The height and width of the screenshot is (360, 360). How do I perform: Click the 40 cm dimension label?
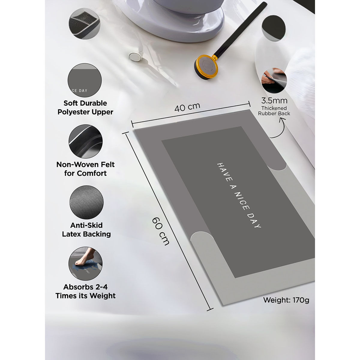pos(187,107)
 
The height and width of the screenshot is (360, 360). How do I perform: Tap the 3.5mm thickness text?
pos(274,100)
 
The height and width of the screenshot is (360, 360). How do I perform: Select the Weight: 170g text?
pos(286,300)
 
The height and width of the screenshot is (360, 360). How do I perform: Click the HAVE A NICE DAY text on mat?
pos(239,195)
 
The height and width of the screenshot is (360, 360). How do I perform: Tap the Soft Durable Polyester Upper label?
pos(85,107)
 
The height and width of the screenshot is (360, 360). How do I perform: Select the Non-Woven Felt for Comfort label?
pos(85,169)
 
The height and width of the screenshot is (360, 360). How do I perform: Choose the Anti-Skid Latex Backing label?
pos(86,229)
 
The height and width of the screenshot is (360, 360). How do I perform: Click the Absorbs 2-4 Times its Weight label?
pos(85,291)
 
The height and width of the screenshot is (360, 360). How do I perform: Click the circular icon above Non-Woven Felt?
pos(85,141)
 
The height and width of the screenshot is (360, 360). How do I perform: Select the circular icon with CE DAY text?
pos(85,80)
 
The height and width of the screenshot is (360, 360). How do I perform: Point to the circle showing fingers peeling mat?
pos(274,80)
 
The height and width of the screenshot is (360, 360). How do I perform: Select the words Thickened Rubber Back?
pos(274,111)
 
